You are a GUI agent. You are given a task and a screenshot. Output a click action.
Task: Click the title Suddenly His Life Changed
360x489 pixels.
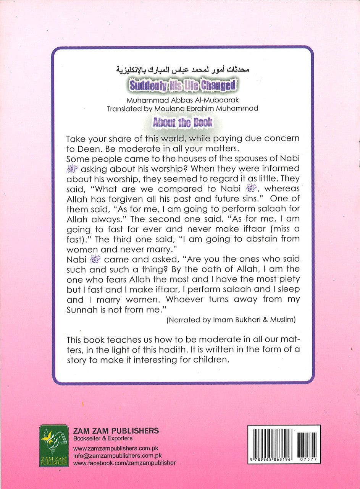pyautogui.click(x=182, y=85)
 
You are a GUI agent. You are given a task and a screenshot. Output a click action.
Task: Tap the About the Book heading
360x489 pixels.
pyautogui.click(x=182, y=123)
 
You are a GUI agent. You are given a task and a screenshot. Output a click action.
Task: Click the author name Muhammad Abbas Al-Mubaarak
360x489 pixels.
pyautogui.click(x=182, y=101)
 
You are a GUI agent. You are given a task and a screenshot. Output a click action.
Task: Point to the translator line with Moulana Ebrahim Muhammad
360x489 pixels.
pyautogui.click(x=182, y=109)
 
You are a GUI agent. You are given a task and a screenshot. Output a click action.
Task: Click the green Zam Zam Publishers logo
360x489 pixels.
pyautogui.click(x=54, y=445)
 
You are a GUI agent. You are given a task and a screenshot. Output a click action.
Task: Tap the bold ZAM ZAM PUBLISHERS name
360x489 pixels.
pyautogui.click(x=116, y=431)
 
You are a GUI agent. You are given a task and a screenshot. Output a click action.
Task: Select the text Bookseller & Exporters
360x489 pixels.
pyautogui.click(x=103, y=439)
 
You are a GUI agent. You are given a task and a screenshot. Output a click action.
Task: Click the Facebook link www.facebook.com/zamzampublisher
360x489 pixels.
pyautogui.click(x=124, y=463)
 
